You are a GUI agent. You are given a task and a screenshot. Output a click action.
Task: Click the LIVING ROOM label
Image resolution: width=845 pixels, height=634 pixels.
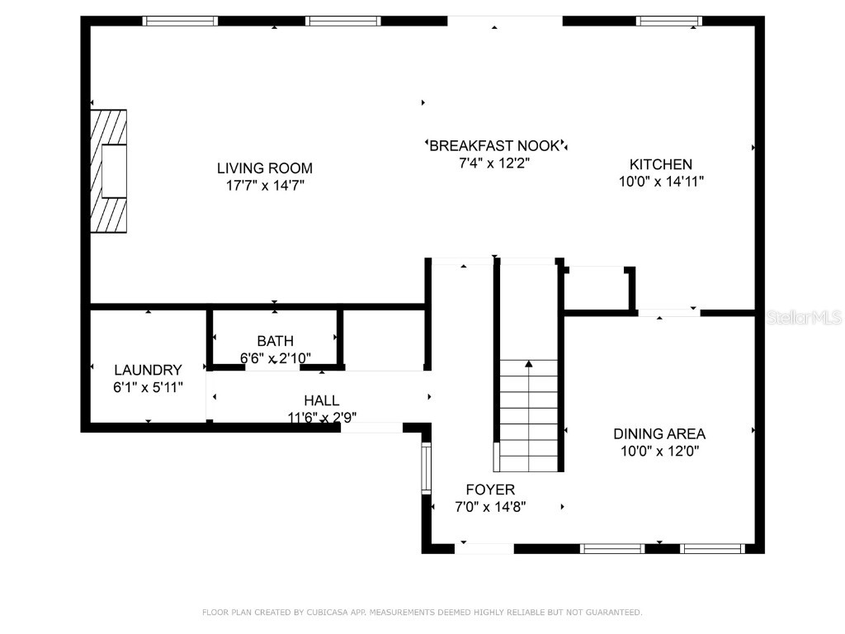pyautogui.click(x=265, y=168)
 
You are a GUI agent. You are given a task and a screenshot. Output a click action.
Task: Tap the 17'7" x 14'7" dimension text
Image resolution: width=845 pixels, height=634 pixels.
pyautogui.click(x=265, y=186)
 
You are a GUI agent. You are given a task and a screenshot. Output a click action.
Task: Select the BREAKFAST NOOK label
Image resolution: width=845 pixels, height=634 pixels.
pyautogui.click(x=495, y=145)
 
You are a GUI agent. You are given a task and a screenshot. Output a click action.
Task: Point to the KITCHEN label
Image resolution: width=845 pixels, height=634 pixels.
pyautogui.click(x=661, y=164)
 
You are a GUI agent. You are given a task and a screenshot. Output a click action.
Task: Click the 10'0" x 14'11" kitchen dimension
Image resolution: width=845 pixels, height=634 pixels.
pyautogui.click(x=661, y=182)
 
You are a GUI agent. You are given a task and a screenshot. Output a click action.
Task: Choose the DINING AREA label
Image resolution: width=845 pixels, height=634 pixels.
pyautogui.click(x=659, y=433)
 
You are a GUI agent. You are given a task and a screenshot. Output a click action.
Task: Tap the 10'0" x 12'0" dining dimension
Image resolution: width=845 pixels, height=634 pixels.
pyautogui.click(x=659, y=451)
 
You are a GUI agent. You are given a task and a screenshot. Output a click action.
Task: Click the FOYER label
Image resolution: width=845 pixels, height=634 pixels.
pyautogui.click(x=490, y=490)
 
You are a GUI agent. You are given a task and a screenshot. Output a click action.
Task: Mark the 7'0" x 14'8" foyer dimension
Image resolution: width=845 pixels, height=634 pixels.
pyautogui.click(x=490, y=507)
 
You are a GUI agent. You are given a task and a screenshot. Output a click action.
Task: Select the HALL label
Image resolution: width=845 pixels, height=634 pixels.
pyautogui.click(x=321, y=400)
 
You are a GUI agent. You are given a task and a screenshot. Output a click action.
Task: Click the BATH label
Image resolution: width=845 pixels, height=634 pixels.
pyautogui.click(x=275, y=340)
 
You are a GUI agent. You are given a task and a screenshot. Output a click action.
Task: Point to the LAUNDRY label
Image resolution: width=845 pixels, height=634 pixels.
pyautogui.click(x=148, y=370)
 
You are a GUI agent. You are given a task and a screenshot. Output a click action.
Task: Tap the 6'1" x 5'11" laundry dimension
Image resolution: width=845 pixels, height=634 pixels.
pyautogui.click(x=148, y=387)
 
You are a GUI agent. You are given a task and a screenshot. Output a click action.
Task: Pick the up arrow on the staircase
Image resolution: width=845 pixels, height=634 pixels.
pyautogui.click(x=529, y=362)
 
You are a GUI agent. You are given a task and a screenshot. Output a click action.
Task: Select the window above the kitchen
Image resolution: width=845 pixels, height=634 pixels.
pyautogui.click(x=668, y=21)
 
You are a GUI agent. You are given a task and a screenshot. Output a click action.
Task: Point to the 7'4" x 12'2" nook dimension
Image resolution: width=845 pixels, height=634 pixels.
pyautogui.click(x=494, y=163)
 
